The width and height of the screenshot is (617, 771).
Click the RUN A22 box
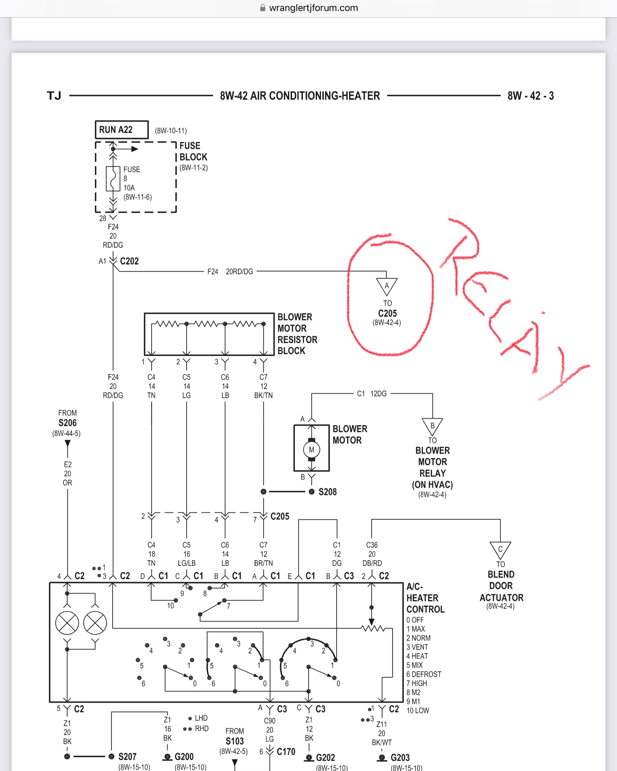click(121, 130)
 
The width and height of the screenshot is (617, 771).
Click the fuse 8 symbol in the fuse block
click(113, 179)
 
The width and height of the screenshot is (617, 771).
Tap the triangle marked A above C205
click(387, 286)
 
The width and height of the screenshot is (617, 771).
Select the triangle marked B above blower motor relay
click(432, 426)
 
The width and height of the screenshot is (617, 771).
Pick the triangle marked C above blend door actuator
click(500, 549)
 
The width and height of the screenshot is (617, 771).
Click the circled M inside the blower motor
click(311, 450)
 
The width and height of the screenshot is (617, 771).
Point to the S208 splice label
click(327, 492)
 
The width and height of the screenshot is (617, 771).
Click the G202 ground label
click(325, 758)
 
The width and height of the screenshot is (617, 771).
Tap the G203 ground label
click(400, 758)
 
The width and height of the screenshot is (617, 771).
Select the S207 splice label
click(127, 757)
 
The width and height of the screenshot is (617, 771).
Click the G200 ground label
click(184, 757)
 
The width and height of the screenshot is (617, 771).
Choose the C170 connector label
click(286, 752)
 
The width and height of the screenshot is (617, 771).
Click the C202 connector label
click(129, 261)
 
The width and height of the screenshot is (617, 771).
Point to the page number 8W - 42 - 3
click(531, 96)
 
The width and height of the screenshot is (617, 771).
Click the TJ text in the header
click(54, 96)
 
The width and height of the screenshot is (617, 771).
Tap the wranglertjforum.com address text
click(313, 8)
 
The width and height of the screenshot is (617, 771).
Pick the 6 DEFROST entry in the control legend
click(424, 674)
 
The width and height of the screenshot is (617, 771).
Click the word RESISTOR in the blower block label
click(297, 339)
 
